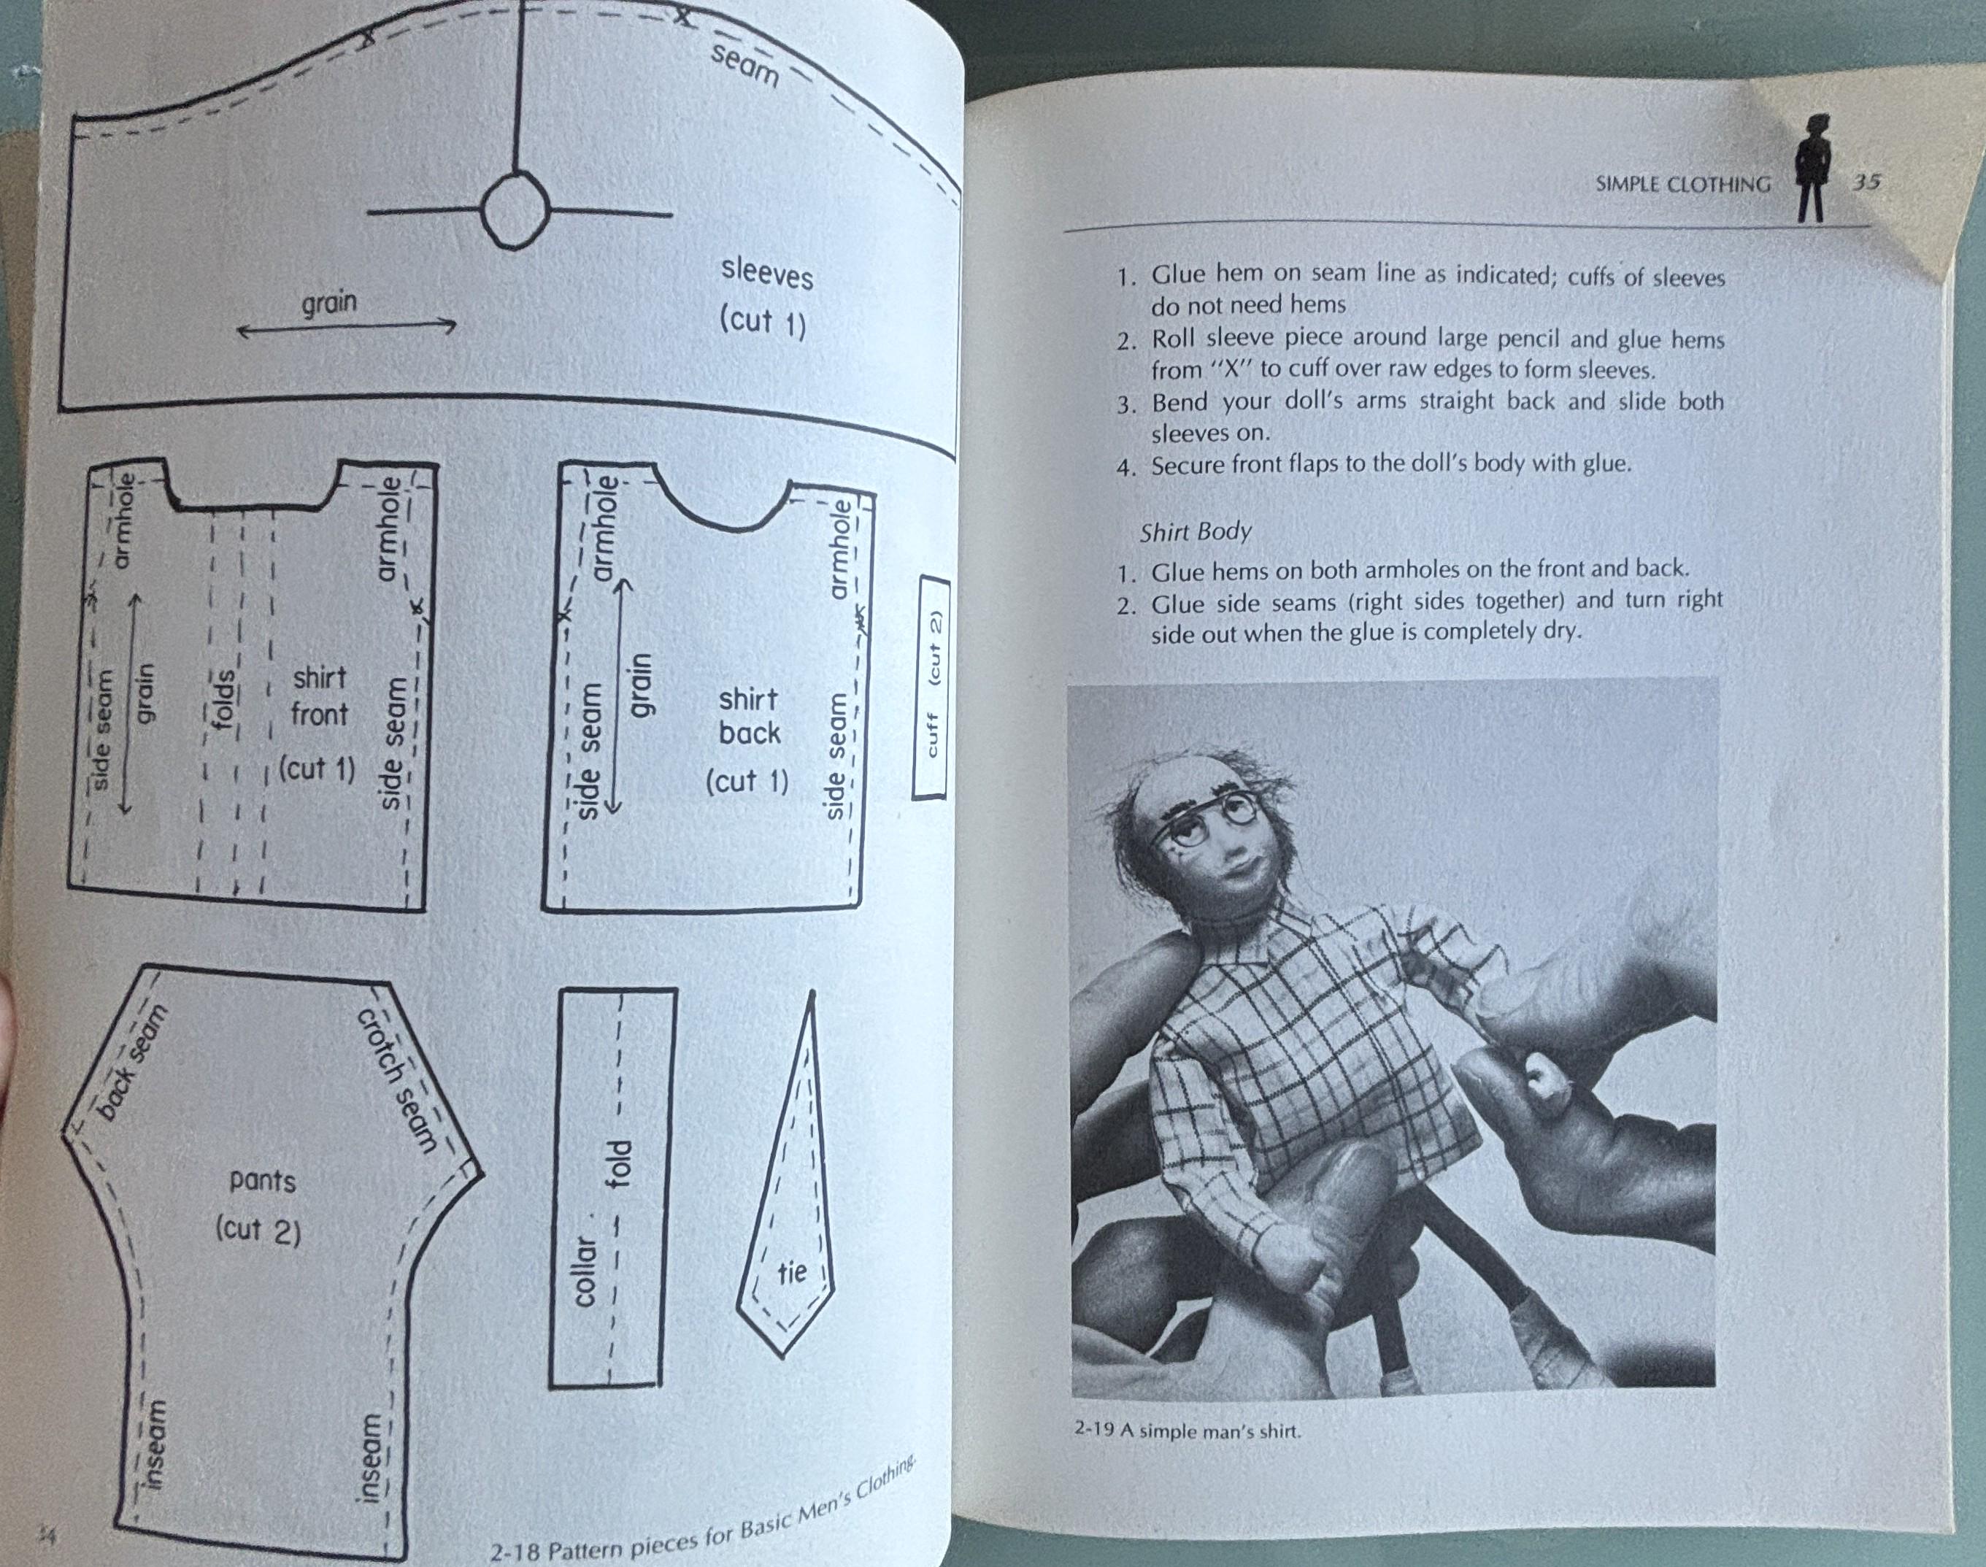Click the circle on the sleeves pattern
click(x=515, y=212)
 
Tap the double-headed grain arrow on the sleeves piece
click(x=347, y=327)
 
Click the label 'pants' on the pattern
click(x=263, y=1180)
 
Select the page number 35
click(x=1866, y=182)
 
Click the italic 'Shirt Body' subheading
click(x=1196, y=532)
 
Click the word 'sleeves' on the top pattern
click(x=767, y=274)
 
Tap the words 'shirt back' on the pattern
click(x=750, y=715)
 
